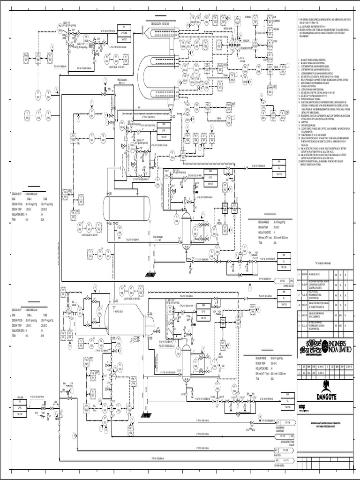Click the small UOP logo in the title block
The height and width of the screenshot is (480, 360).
click(x=301, y=406)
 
